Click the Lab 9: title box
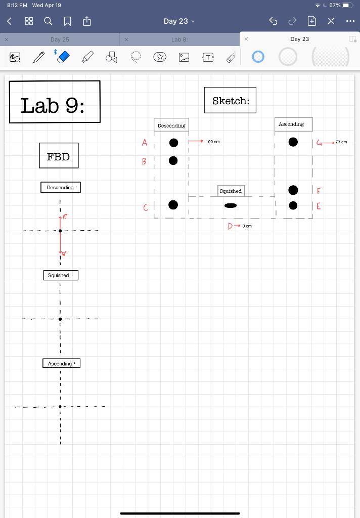tap(55, 102)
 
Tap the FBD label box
tap(59, 156)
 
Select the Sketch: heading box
tap(230, 100)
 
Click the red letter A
tap(144, 143)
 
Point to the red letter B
tap(144, 161)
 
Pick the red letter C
tap(146, 207)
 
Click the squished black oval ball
tap(230, 205)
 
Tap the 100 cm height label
tap(213, 142)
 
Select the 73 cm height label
tap(341, 142)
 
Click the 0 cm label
tap(246, 226)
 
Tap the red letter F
tap(319, 191)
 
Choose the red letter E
tap(319, 206)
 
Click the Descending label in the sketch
tap(171, 125)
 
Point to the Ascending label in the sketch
tap(291, 124)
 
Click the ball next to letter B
tap(173, 160)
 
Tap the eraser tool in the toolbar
tap(61, 57)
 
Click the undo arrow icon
tap(274, 21)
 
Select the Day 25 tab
tap(60, 39)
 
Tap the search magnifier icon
tap(48, 21)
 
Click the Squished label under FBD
tap(60, 275)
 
